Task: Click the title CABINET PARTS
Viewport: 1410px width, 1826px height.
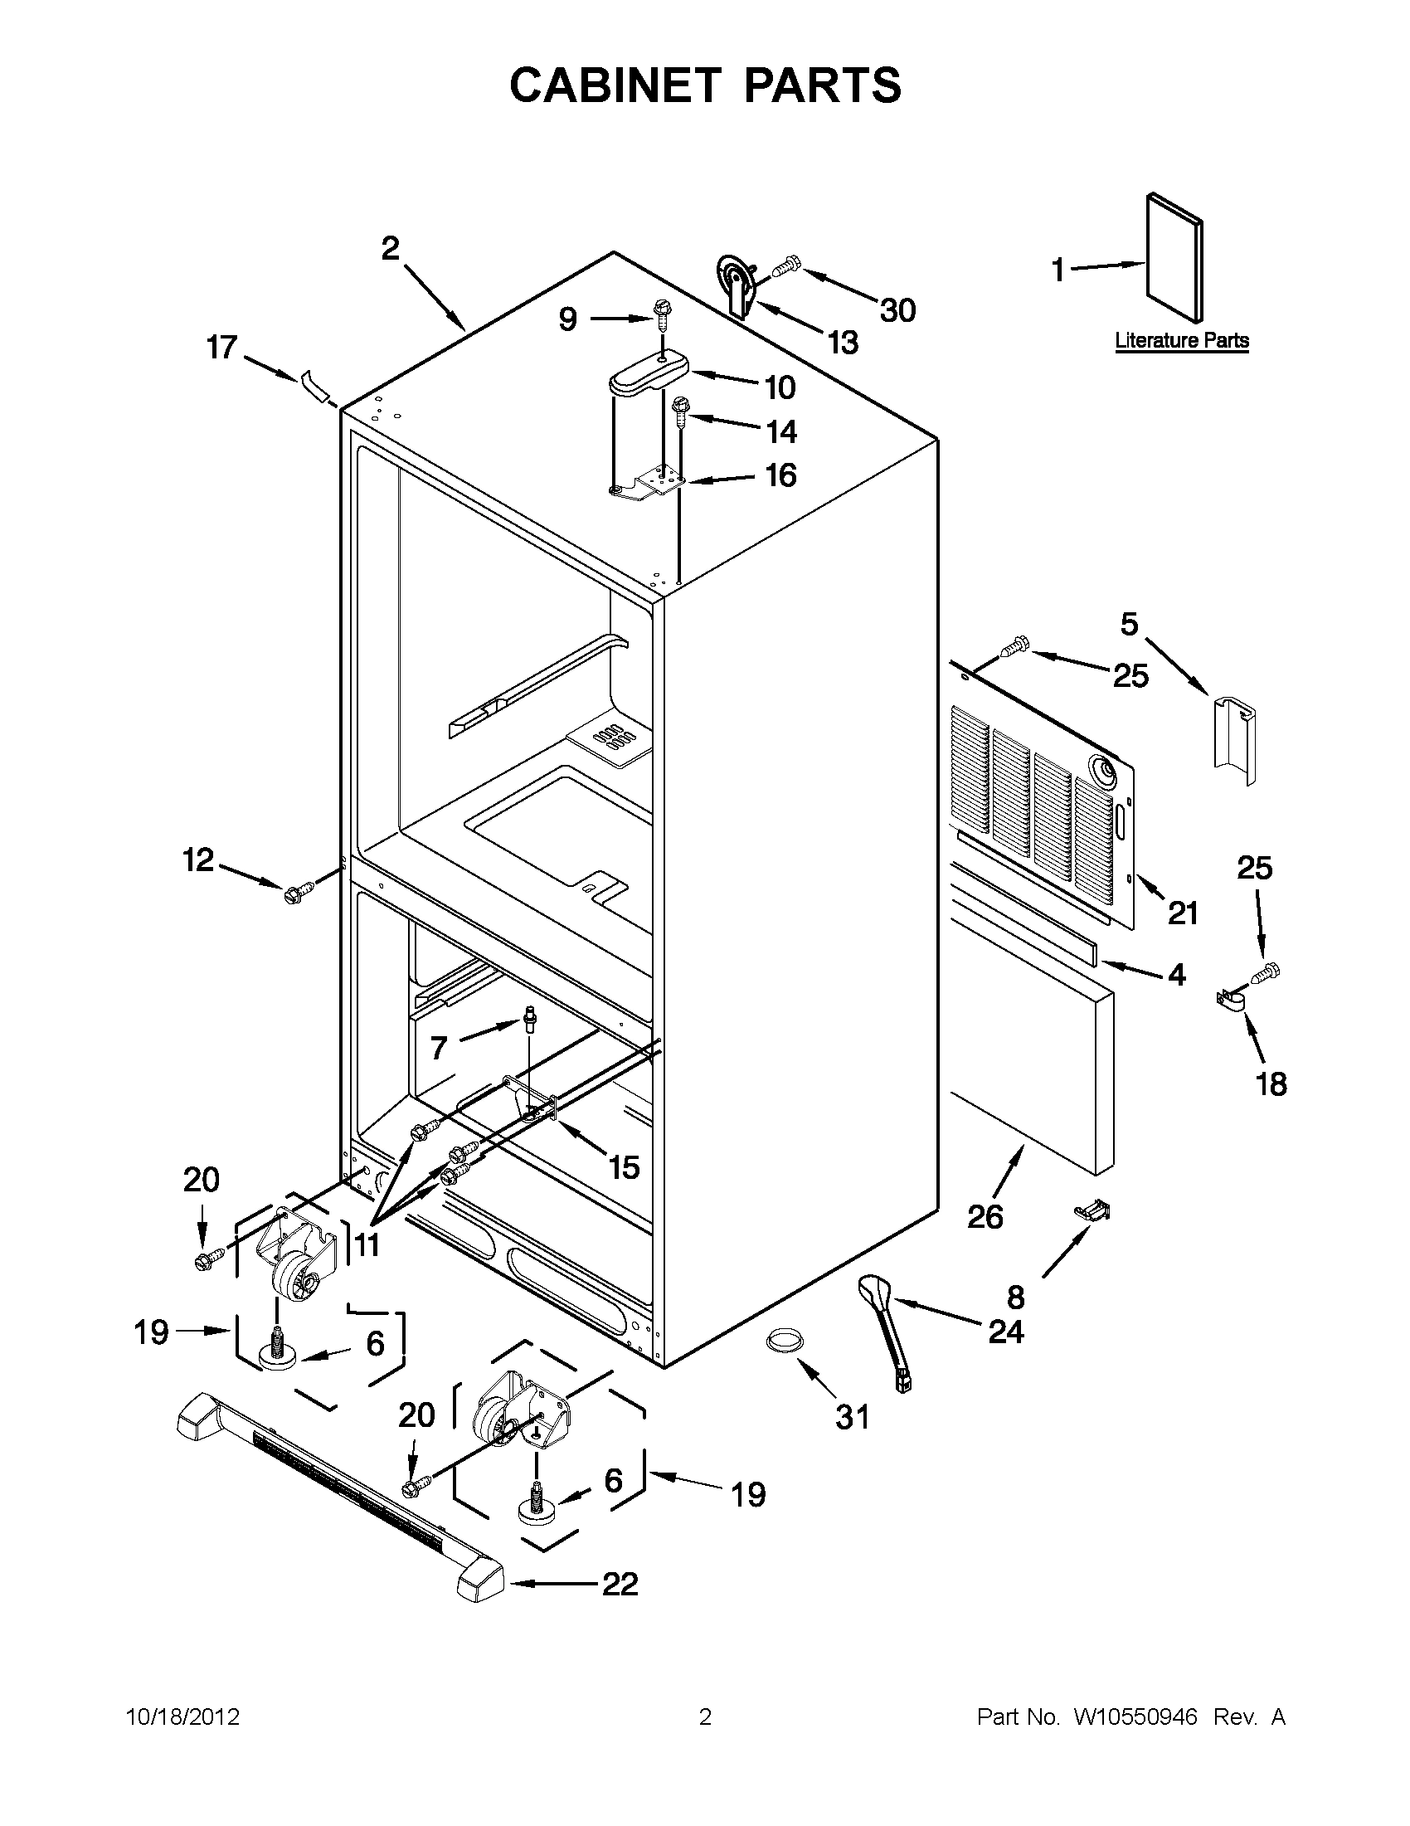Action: (704, 85)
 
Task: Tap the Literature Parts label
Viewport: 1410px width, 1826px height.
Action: (1181, 340)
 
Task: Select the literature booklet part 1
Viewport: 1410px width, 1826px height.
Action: (1174, 256)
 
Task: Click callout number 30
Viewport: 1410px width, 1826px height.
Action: (897, 310)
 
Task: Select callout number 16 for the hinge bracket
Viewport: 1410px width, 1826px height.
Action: (780, 475)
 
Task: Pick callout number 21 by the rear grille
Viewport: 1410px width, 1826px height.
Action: (1183, 913)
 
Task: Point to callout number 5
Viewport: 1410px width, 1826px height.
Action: (1129, 624)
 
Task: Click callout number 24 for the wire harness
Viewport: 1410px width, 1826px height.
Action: (1005, 1332)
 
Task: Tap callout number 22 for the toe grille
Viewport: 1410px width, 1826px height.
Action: (620, 1584)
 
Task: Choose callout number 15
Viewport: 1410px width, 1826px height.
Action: (624, 1167)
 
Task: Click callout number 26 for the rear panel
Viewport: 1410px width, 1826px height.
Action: (985, 1216)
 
